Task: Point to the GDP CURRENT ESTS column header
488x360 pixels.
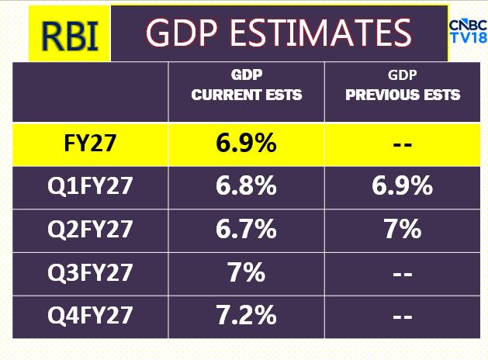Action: [247, 86]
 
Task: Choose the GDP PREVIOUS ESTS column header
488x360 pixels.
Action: [403, 86]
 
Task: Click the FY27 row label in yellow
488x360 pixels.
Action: [92, 144]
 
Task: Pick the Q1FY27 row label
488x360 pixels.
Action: [92, 188]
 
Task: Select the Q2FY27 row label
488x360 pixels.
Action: [92, 230]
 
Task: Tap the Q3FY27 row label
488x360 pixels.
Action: [92, 273]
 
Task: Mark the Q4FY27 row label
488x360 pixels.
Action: [92, 316]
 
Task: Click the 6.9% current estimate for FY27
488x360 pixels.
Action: [247, 144]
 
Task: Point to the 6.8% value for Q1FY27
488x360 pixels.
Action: [247, 188]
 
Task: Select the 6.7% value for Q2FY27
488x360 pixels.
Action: [247, 230]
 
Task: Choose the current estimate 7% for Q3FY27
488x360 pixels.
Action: [247, 273]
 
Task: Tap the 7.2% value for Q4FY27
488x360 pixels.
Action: [247, 316]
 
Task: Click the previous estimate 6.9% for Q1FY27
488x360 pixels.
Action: [403, 188]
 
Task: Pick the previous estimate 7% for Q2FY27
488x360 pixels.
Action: [403, 230]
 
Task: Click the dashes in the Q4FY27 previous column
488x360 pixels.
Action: [403, 317]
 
